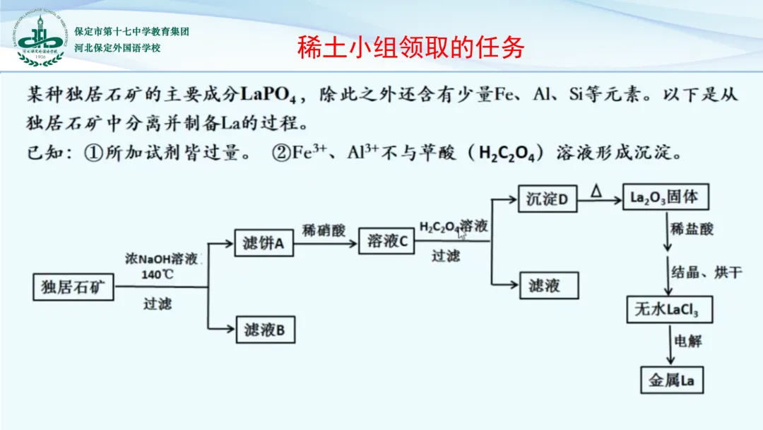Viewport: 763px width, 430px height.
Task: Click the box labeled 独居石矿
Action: (73, 286)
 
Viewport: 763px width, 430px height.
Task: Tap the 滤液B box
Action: (264, 329)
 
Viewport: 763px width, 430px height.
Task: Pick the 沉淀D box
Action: (548, 199)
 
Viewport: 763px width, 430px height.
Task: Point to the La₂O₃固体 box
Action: (665, 197)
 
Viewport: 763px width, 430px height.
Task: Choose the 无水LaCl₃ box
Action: (669, 309)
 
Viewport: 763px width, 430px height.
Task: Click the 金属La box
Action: (672, 380)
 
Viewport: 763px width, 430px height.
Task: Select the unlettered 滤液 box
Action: (548, 285)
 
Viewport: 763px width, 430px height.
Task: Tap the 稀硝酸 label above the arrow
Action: (324, 230)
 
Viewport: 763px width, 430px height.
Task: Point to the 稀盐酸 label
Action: (692, 229)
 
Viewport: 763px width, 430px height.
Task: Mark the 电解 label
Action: (688, 341)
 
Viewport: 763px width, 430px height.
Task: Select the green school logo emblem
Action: (41, 39)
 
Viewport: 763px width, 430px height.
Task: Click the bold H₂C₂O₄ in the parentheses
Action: (511, 153)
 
